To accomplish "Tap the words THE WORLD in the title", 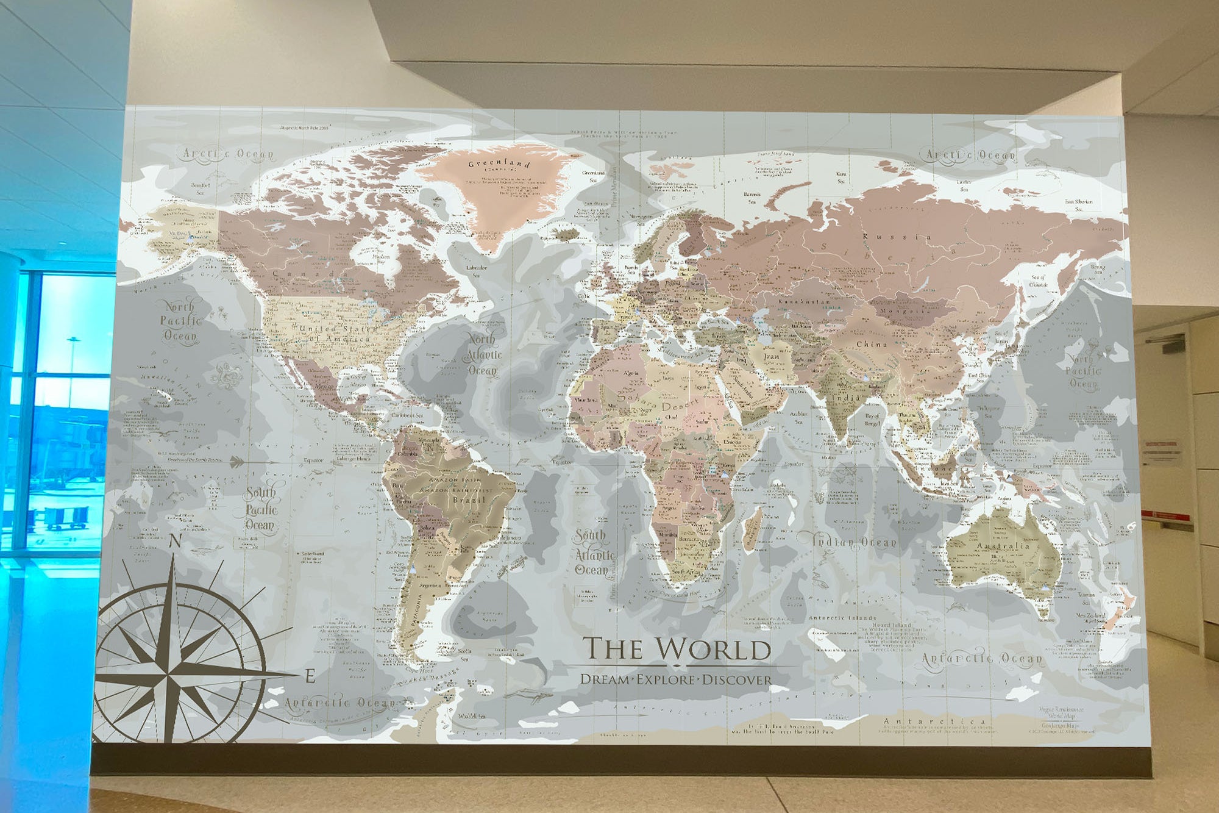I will coord(677,649).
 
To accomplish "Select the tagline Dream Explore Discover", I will coord(676,679).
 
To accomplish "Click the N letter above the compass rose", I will coord(175,541).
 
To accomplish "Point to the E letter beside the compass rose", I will coord(310,676).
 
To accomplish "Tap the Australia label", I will coord(1003,546).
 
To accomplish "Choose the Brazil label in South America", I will coord(469,500).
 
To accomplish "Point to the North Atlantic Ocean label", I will coord(483,354).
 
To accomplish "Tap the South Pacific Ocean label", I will coord(261,509).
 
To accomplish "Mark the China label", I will coord(872,345).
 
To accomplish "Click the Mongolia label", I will coord(904,310).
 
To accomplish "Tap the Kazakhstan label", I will coord(804,301).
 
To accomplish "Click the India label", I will coord(847,398).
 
